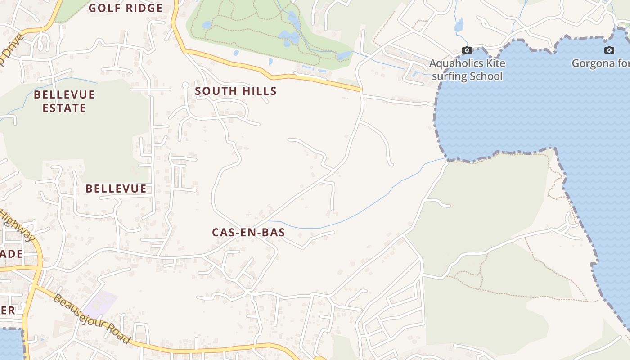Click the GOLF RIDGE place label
click(x=125, y=8)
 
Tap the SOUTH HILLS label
click(x=235, y=91)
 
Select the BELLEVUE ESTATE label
click(x=64, y=101)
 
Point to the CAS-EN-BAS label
click(x=248, y=232)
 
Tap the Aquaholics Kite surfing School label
click(x=467, y=70)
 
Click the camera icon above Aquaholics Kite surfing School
click(x=467, y=50)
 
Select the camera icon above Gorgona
click(x=609, y=50)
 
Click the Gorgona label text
click(x=600, y=63)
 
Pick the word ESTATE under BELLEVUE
click(x=64, y=108)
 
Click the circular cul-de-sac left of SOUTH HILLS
click(x=185, y=85)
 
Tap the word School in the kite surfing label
click(x=486, y=76)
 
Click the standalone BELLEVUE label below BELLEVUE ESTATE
click(x=116, y=189)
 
